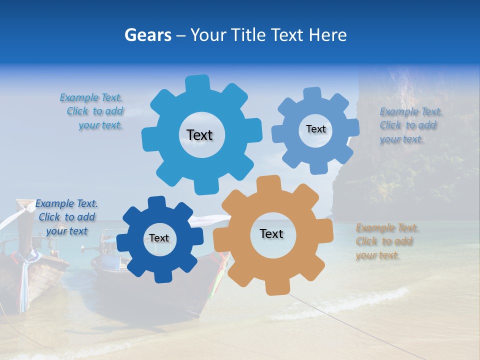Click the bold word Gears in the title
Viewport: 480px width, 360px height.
[146, 35]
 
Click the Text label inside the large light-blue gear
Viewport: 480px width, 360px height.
[199, 135]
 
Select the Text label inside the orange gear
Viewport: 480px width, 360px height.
[271, 233]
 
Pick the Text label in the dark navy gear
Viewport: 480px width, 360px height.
[159, 238]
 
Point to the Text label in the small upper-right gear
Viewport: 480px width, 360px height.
[315, 129]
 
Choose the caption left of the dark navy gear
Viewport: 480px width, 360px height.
[66, 217]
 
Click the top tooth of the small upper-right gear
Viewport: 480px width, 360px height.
[312, 94]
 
